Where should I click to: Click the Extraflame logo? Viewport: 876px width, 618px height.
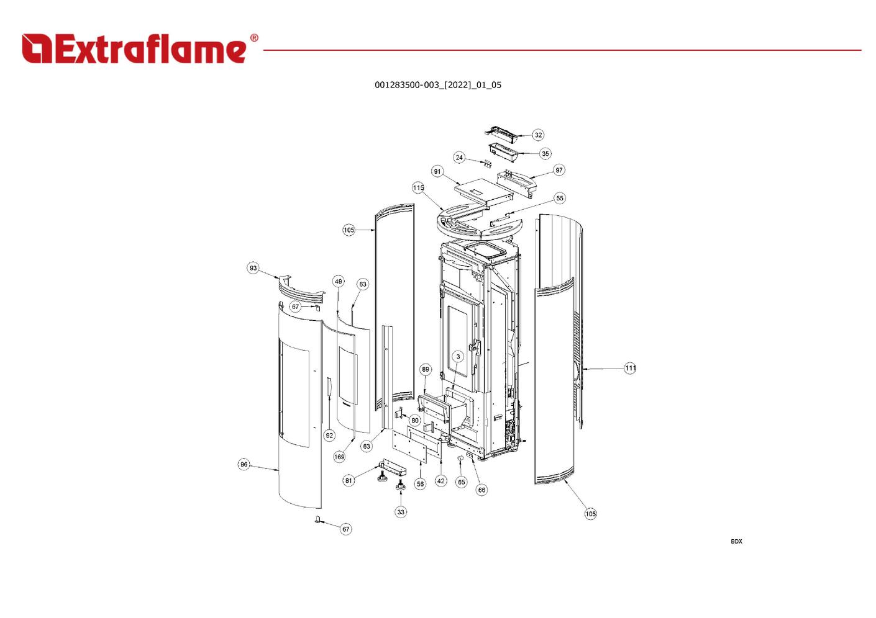point(135,48)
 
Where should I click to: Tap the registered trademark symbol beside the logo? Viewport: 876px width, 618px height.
point(253,38)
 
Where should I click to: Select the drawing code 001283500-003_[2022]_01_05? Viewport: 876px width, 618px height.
point(437,85)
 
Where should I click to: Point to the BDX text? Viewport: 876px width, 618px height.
point(736,542)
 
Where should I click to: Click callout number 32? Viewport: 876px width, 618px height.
point(538,135)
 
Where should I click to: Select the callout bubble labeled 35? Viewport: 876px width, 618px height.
point(545,153)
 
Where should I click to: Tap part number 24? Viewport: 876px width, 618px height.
point(459,158)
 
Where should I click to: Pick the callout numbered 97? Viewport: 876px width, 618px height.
point(559,170)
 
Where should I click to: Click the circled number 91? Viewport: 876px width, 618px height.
point(437,171)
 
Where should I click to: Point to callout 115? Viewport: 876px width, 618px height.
point(418,187)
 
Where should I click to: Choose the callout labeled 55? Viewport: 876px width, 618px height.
point(560,199)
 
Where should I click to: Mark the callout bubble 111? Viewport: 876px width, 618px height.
point(631,369)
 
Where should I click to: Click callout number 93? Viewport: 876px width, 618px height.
point(253,268)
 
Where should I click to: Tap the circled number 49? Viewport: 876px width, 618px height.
point(338,281)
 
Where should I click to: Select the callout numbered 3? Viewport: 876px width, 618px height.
point(458,357)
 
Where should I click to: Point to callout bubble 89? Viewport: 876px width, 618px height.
point(425,369)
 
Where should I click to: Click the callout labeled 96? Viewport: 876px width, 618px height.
point(244,464)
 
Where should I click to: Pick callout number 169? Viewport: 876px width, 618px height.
point(339,457)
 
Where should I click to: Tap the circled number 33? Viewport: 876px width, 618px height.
point(401,512)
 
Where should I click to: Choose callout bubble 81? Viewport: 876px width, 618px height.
point(349,480)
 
